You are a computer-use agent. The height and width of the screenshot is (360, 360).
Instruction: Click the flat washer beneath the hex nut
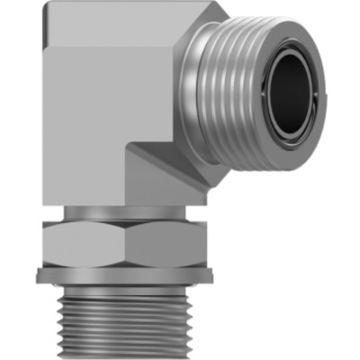[x=126, y=277]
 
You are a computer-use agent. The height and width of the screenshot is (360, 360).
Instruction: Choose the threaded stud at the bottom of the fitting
[x=126, y=319]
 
